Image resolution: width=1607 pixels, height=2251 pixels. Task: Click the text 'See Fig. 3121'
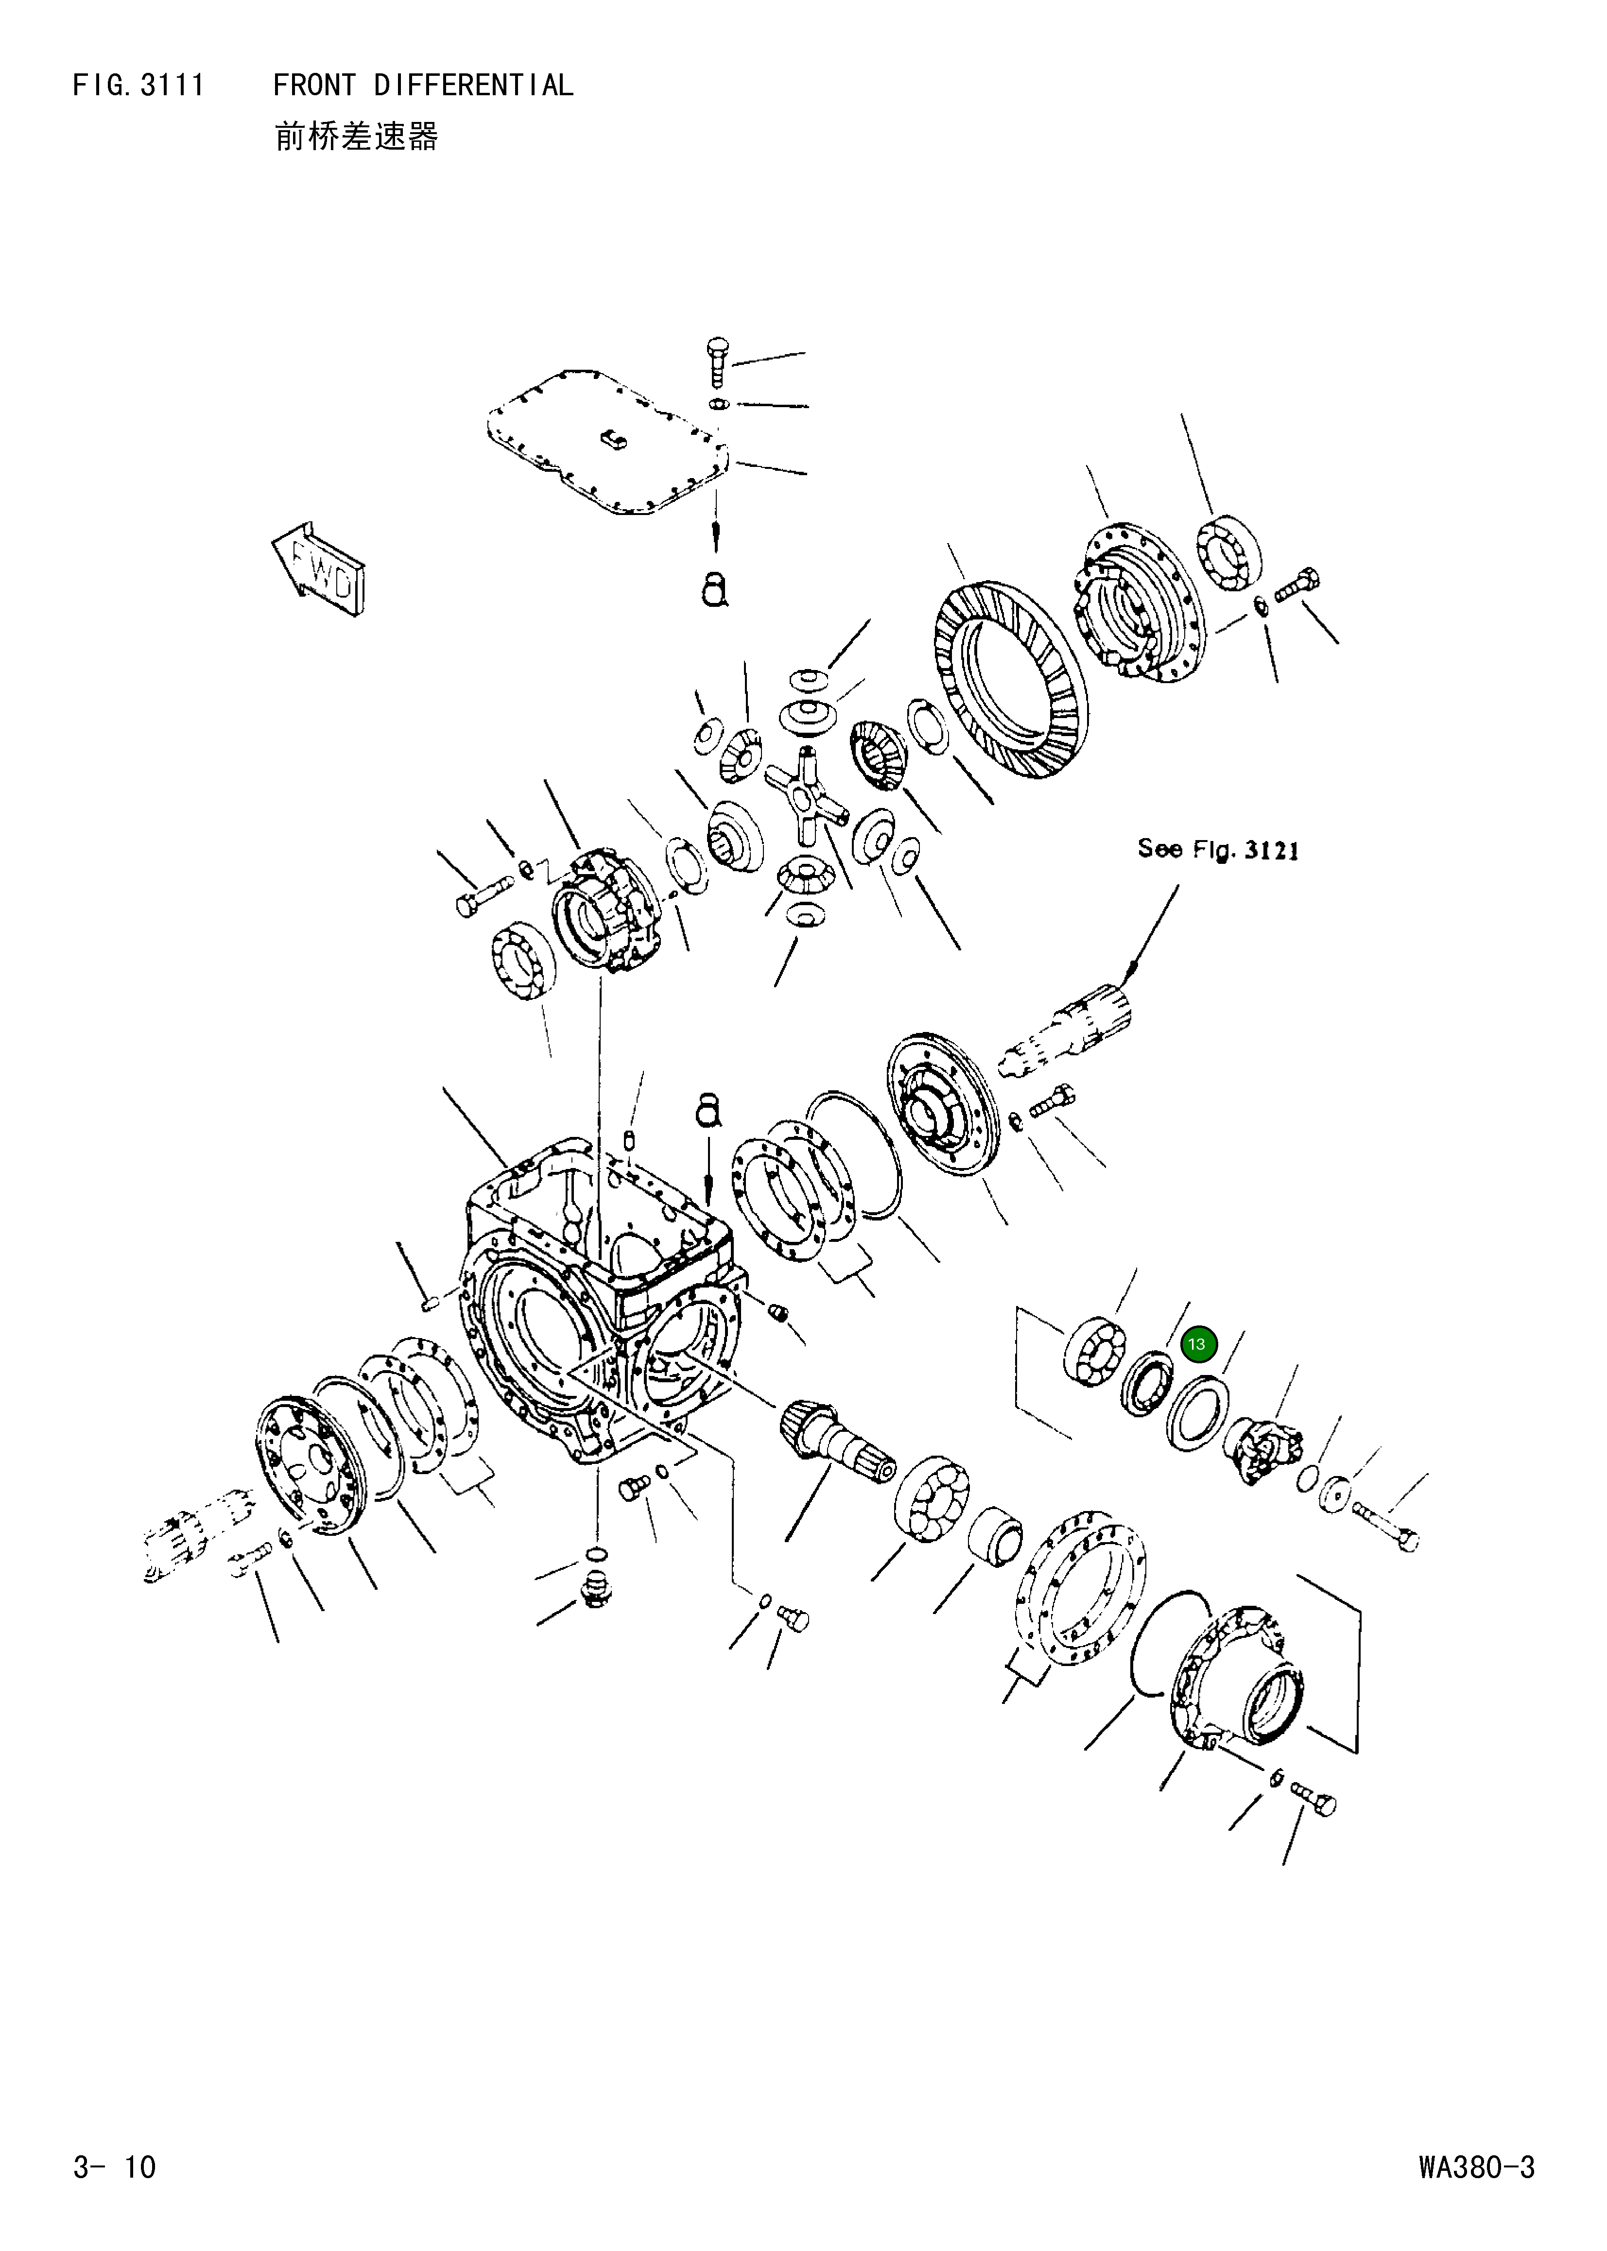click(1217, 849)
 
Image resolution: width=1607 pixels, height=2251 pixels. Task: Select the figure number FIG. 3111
click(138, 86)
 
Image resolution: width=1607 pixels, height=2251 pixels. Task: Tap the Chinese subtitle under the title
click(356, 137)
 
